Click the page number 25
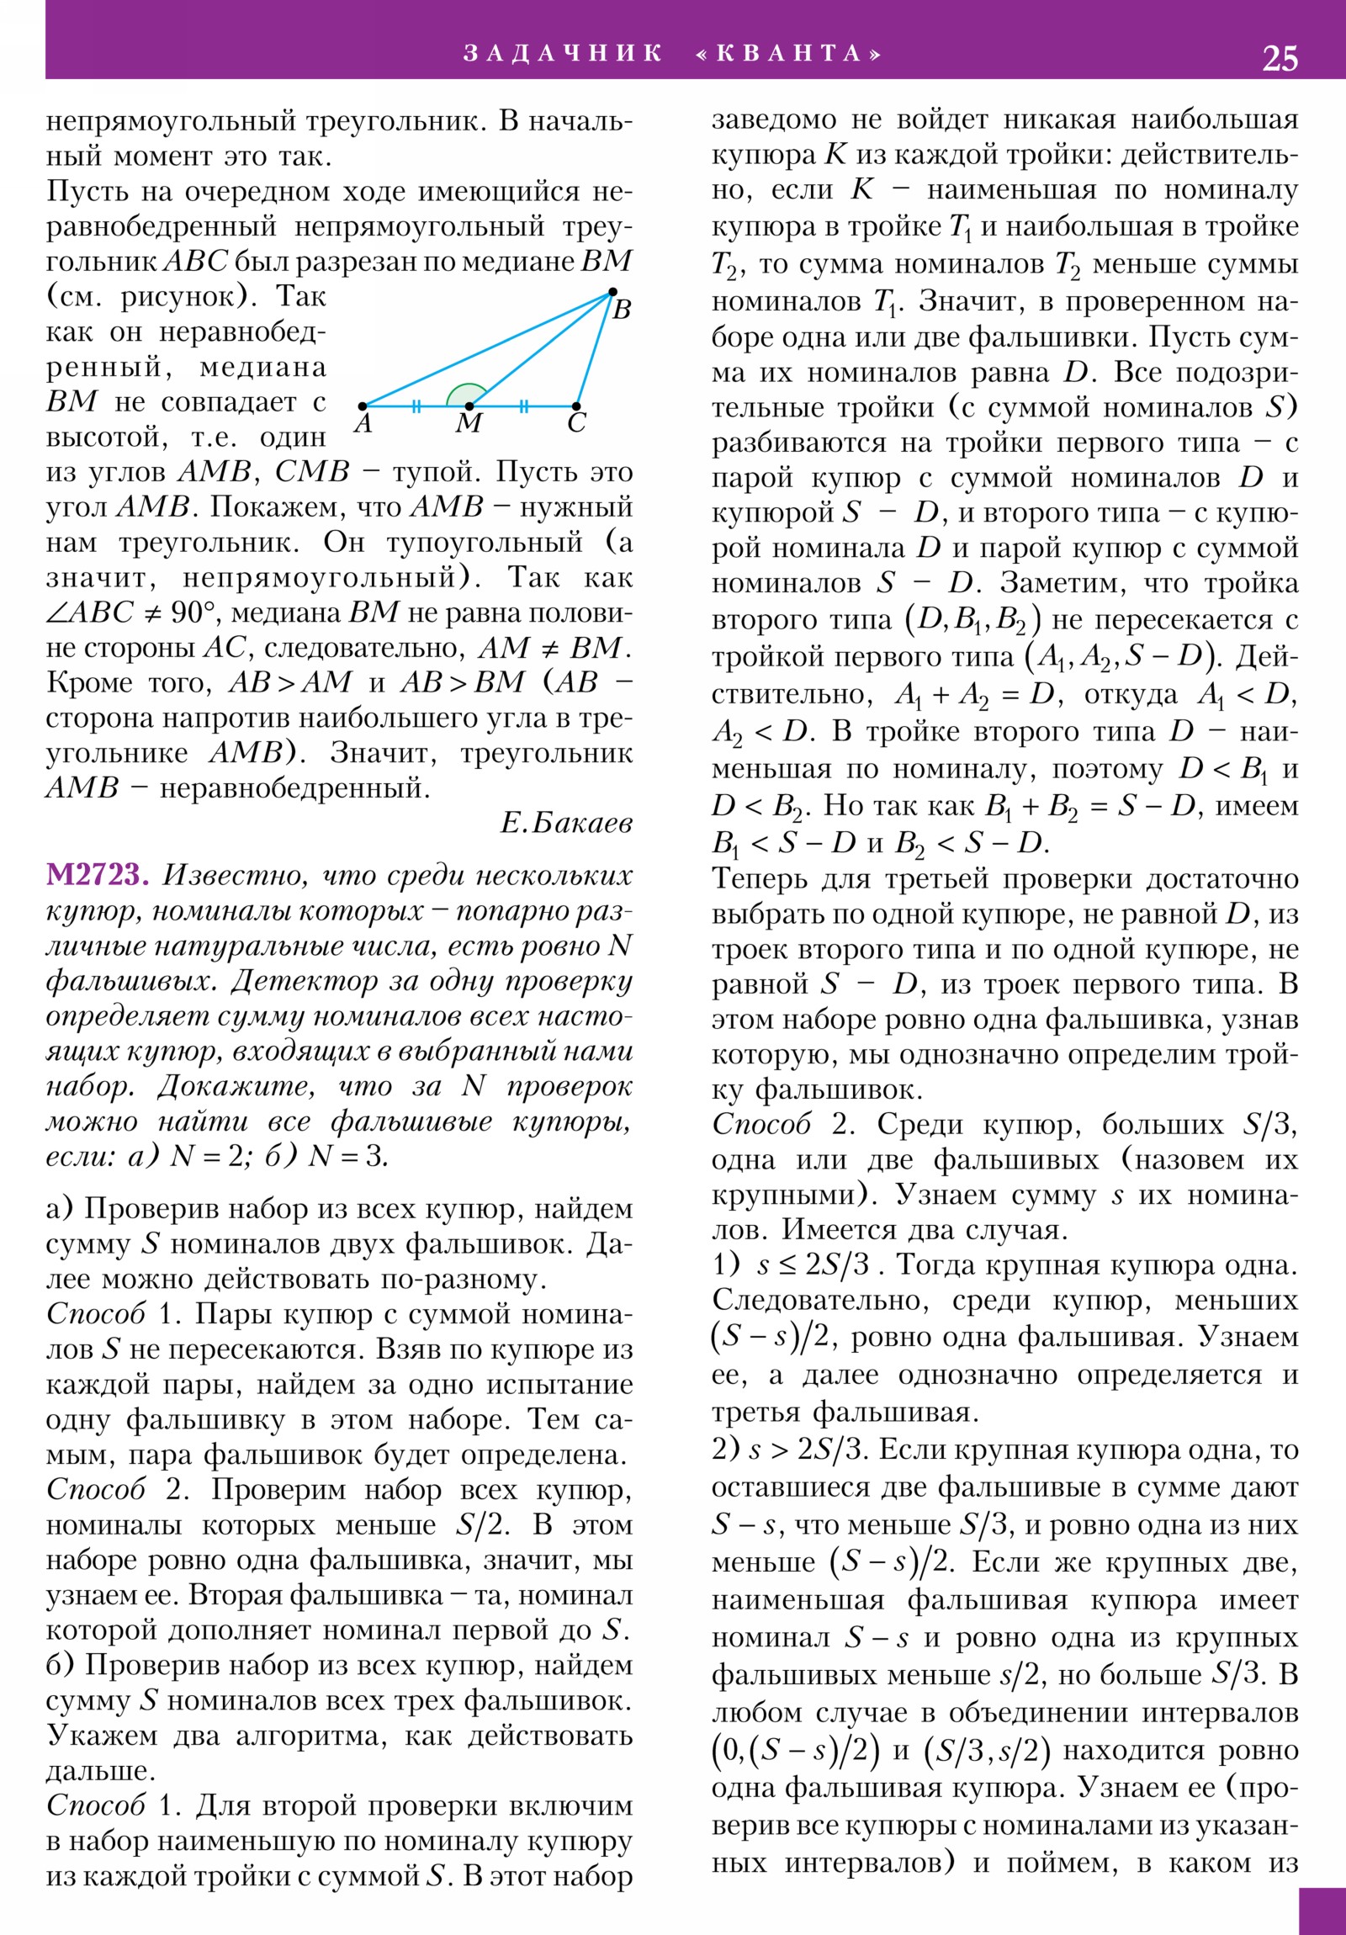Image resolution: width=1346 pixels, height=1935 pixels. [1280, 58]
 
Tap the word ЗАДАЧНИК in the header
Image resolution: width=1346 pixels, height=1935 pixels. [563, 54]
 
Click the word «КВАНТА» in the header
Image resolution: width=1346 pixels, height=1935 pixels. [789, 54]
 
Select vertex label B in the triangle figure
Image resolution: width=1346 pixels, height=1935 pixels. [622, 311]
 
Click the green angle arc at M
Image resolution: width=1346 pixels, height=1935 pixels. [464, 394]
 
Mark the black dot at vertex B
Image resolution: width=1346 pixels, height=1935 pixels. [612, 294]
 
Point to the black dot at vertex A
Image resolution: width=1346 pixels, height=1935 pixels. [363, 406]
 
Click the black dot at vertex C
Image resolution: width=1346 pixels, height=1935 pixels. [576, 406]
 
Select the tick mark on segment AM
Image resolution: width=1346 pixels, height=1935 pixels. [416, 406]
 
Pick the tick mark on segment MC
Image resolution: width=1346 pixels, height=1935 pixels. [523, 406]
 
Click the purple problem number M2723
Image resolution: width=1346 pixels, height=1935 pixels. [97, 876]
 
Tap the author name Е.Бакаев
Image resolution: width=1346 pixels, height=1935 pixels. [566, 823]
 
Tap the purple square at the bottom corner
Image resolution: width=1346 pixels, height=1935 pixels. [1322, 1911]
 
